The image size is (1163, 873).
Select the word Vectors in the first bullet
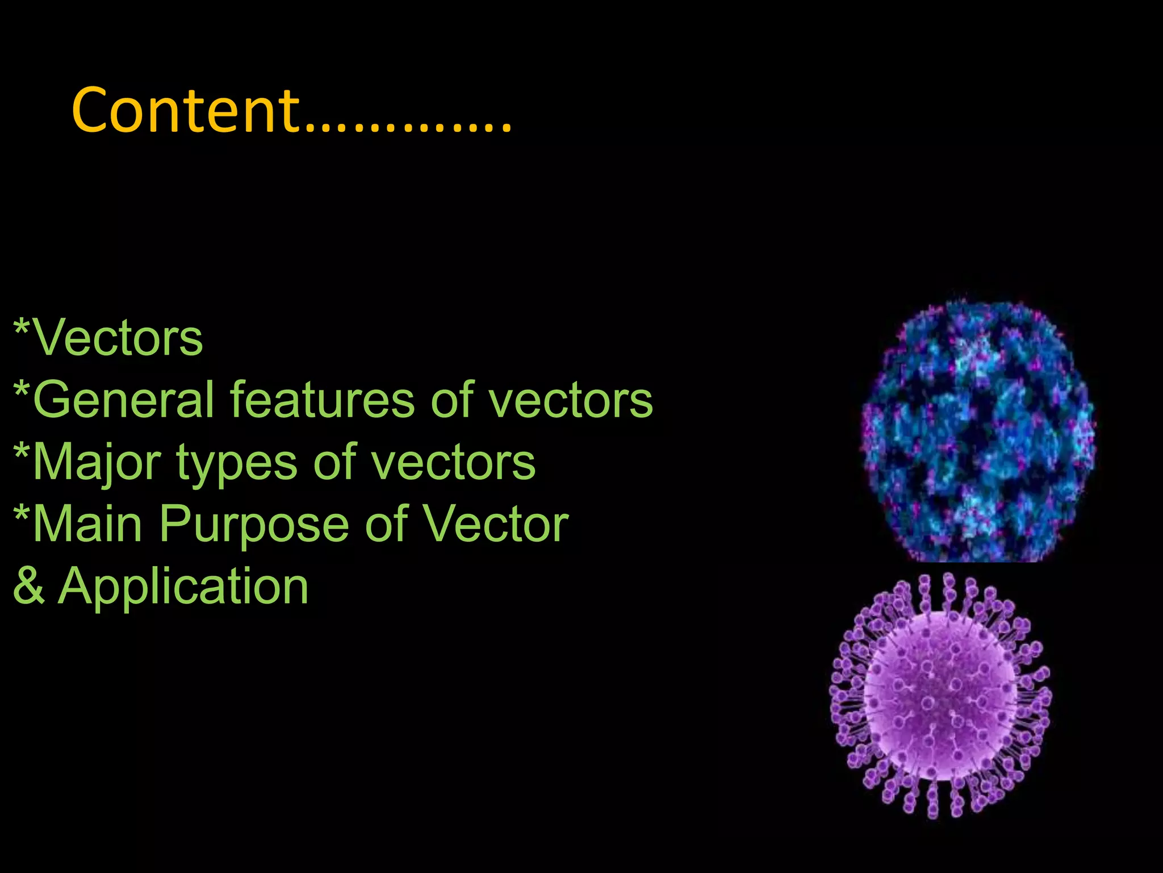click(x=118, y=339)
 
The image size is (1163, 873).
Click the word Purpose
click(x=254, y=525)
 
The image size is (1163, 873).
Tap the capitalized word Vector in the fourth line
click(x=495, y=524)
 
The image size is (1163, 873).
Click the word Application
click(x=183, y=588)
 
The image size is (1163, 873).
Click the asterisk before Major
click(x=22, y=452)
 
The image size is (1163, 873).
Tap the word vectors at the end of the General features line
click(x=570, y=401)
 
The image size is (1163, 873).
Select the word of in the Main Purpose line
click(x=386, y=524)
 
